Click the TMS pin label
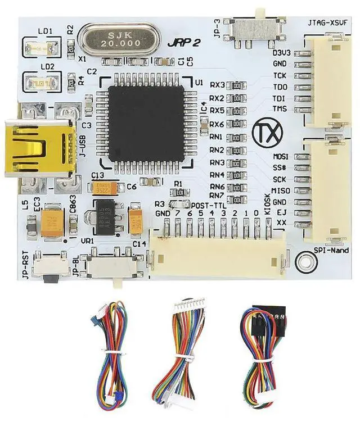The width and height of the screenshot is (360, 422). point(280,108)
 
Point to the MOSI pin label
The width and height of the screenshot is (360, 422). point(280,156)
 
